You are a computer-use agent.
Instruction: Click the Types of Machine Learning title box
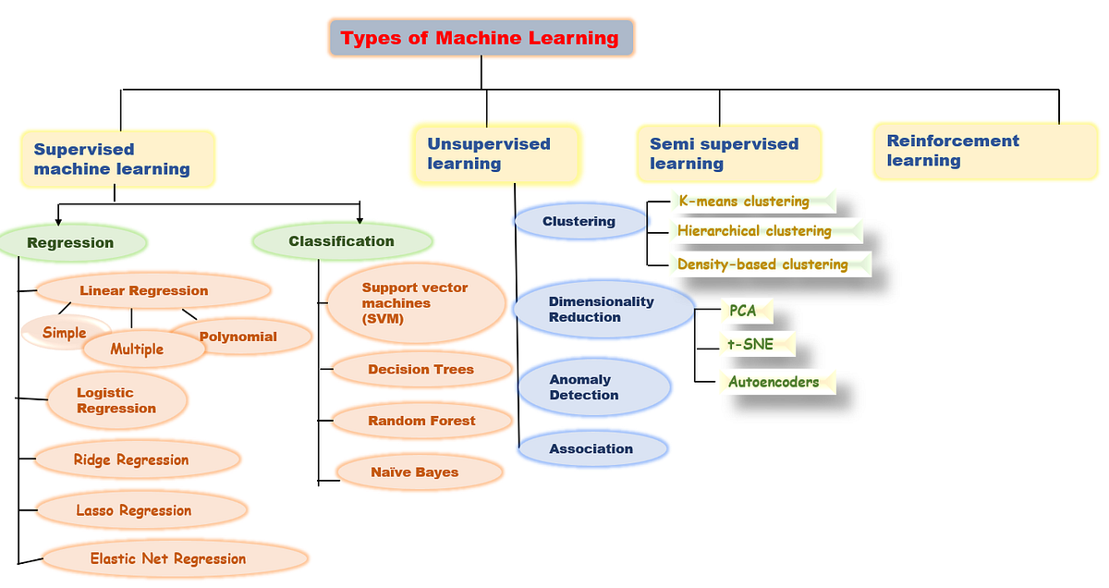[x=481, y=38]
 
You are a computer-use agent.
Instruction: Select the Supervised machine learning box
[x=117, y=159]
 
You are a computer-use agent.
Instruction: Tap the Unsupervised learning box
[x=495, y=153]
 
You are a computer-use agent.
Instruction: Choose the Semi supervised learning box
[x=728, y=153]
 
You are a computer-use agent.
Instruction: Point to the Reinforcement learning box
[x=985, y=151]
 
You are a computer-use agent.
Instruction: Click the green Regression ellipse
[x=71, y=243]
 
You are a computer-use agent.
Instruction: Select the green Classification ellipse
[x=342, y=241]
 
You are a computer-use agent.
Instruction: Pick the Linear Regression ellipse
[x=152, y=290]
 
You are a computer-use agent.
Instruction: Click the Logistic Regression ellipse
[x=117, y=400]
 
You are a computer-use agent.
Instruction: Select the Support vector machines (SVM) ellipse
[x=416, y=303]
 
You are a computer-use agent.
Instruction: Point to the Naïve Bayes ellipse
[x=420, y=472]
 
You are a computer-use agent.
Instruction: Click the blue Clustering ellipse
[x=579, y=221]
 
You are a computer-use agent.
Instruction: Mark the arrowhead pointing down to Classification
[x=360, y=219]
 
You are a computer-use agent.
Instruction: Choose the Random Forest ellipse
[x=421, y=421]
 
